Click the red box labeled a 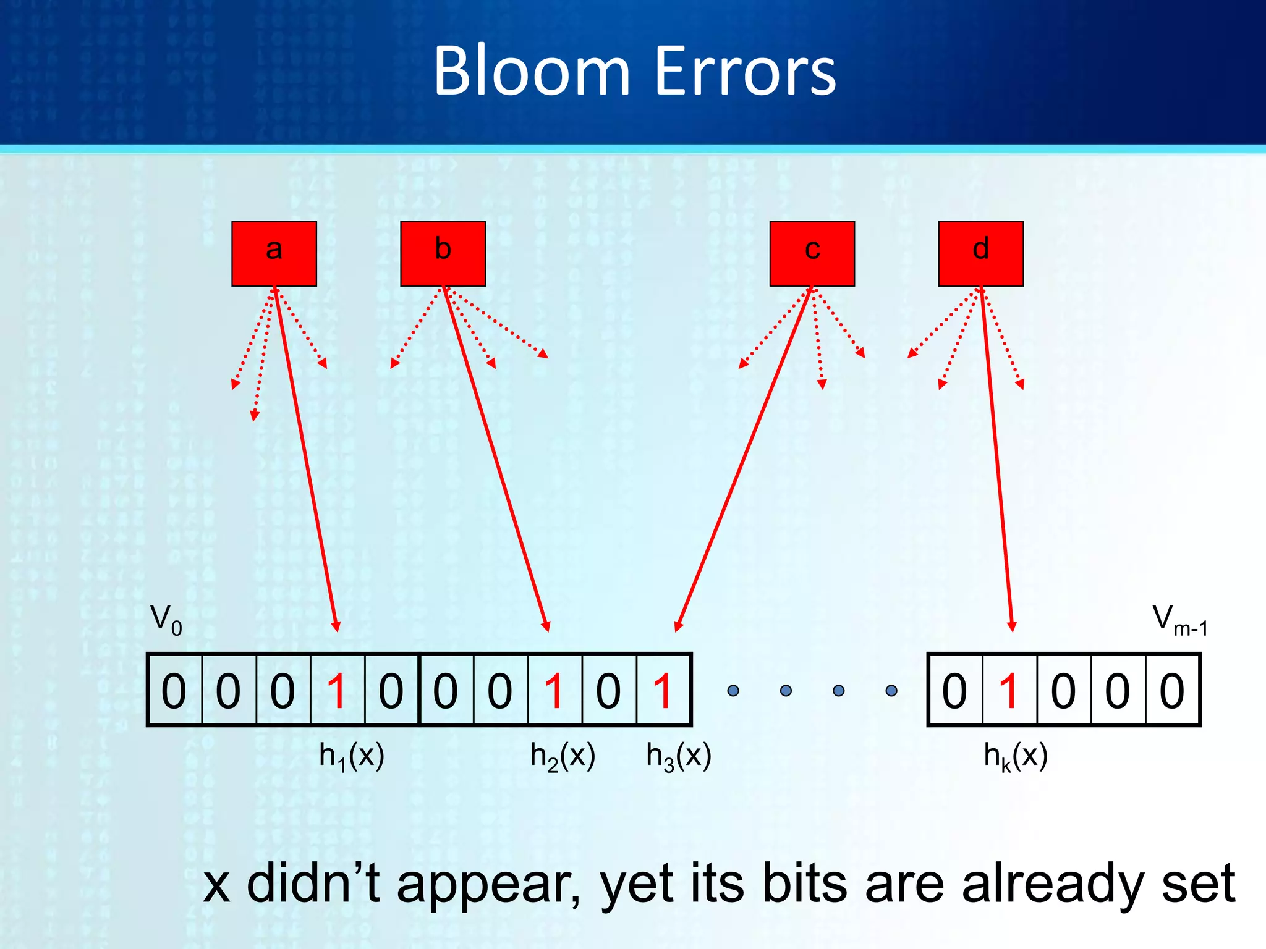(x=274, y=253)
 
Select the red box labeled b (x=443, y=253)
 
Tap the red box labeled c (x=812, y=253)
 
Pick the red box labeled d (x=980, y=253)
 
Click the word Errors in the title (x=744, y=72)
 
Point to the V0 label (x=166, y=619)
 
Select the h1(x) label (x=351, y=756)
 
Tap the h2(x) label (x=563, y=756)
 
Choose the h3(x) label (x=678, y=756)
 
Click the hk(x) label (x=1015, y=756)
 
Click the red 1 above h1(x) (x=337, y=691)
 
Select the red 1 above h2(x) (x=554, y=691)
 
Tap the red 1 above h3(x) (x=663, y=691)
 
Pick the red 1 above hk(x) (x=1009, y=691)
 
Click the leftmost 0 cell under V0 (x=174, y=691)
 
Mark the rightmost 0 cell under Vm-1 (x=1172, y=691)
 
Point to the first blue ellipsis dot (x=733, y=691)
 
